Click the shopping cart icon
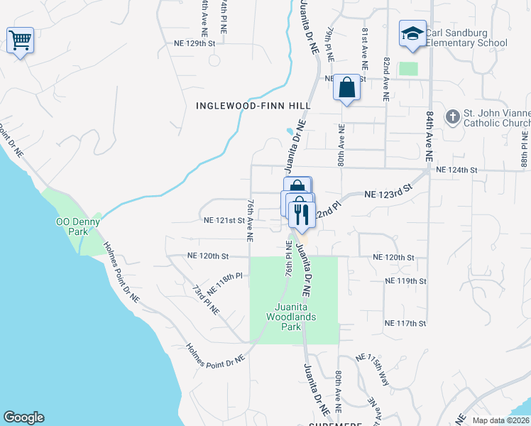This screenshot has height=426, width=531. (20, 40)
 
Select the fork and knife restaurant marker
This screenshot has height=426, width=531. (302, 214)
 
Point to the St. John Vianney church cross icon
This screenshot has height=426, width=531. (451, 116)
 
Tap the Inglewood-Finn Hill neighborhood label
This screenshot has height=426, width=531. (253, 105)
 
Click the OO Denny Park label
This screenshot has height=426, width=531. (78, 226)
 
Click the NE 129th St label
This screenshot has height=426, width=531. (194, 43)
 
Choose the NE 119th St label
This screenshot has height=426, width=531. (405, 281)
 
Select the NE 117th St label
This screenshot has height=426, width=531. (405, 323)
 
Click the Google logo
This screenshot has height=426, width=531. (23, 417)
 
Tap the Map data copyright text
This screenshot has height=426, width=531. (500, 420)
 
